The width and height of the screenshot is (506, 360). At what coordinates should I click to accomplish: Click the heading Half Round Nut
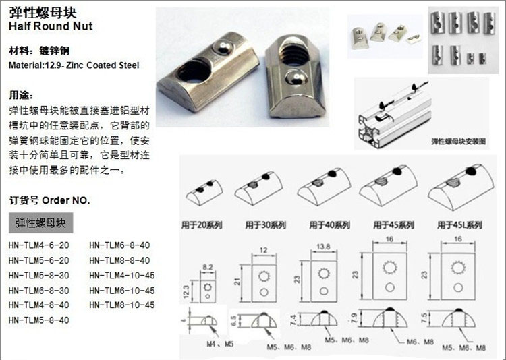[x=51, y=26]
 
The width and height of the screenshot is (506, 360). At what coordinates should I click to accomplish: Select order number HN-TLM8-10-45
[x=122, y=305]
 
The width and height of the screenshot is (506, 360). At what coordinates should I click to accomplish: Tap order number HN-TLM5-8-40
[x=39, y=320]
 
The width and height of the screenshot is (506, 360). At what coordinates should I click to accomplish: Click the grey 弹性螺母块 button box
[x=41, y=222]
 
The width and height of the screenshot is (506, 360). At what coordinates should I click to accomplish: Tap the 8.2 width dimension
[x=208, y=267]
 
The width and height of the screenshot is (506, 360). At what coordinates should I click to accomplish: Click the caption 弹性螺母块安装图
[x=458, y=143]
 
